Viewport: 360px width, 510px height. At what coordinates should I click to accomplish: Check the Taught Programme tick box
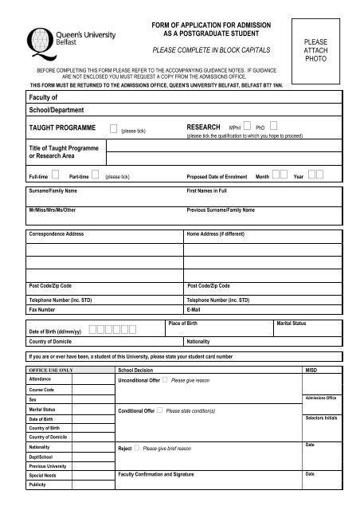pyautogui.click(x=114, y=127)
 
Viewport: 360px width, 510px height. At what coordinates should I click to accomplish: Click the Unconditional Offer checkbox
pyautogui.click(x=164, y=380)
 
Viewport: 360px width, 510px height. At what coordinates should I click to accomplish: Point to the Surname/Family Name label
pyautogui.click(x=53, y=192)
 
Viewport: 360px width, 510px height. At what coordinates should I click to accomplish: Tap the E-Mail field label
pyautogui.click(x=194, y=309)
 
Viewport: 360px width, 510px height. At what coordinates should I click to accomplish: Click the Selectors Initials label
pyautogui.click(x=321, y=418)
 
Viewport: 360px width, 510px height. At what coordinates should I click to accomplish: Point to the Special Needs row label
pyautogui.click(x=43, y=475)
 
